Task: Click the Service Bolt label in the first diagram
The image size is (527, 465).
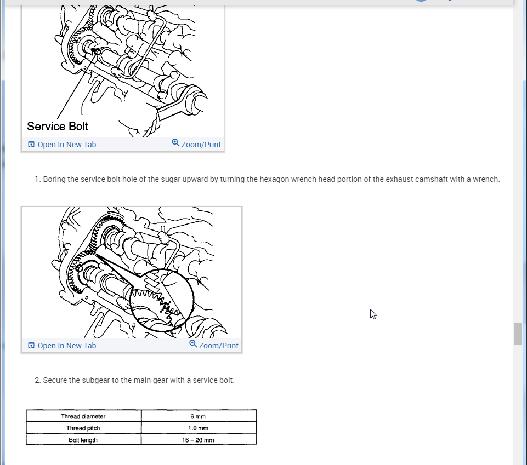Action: click(58, 126)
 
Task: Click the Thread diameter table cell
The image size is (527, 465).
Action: click(83, 416)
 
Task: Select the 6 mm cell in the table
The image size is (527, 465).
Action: click(199, 416)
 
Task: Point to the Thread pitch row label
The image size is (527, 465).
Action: click(83, 428)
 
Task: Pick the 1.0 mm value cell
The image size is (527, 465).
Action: click(199, 428)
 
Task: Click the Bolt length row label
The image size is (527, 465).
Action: click(83, 440)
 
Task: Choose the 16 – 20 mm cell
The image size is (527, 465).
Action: click(199, 440)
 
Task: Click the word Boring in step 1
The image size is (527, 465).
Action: click(54, 180)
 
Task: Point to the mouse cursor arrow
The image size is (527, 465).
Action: click(372, 314)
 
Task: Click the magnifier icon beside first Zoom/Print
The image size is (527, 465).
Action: click(175, 143)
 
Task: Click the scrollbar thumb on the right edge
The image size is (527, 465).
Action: click(518, 334)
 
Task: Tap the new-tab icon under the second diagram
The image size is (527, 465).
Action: click(31, 346)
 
